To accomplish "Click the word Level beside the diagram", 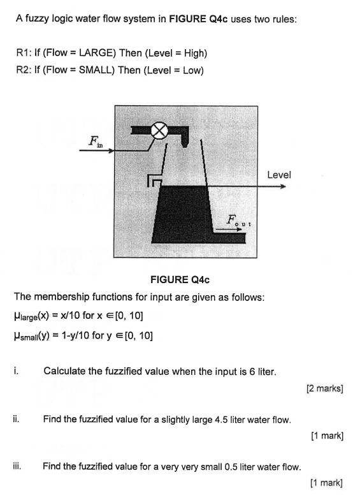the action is [278, 174].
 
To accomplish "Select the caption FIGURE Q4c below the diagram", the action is [180, 279].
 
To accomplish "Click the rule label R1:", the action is [24, 52].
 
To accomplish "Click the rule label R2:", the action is [24, 70].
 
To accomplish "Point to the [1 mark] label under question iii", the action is [327, 483].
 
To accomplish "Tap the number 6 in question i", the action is [236, 371].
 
